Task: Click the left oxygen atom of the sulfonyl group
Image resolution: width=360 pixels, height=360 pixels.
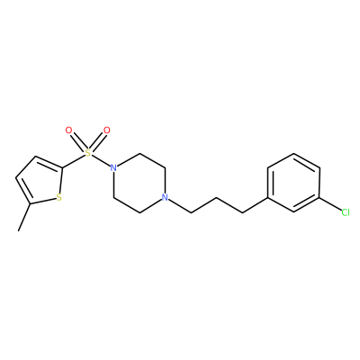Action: coord(68,130)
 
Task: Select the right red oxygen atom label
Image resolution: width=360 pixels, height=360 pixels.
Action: coord(106,130)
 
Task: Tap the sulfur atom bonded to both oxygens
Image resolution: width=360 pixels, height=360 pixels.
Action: coord(87,153)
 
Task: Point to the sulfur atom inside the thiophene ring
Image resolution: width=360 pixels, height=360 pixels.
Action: coord(58,198)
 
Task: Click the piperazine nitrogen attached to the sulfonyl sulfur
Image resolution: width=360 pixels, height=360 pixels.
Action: coord(113,167)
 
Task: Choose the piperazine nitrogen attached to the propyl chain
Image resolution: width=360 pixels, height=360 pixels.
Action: coord(165,197)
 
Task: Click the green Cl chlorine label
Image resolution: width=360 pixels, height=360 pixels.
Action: coord(346,212)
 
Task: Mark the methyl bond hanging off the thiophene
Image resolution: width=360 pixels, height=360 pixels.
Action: coord(24,217)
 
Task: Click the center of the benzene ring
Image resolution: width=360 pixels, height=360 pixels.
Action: coord(293,183)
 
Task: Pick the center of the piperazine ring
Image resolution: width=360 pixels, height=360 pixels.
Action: coord(139,183)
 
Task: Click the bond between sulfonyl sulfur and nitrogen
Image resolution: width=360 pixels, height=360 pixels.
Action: coord(101,160)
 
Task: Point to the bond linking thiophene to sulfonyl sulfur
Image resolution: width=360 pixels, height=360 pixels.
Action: coord(74,161)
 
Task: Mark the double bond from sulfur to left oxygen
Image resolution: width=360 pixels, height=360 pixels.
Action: coord(78,142)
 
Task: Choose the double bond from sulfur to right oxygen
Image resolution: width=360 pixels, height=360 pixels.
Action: coord(97,142)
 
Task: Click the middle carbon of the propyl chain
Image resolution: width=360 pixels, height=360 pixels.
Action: coord(216,198)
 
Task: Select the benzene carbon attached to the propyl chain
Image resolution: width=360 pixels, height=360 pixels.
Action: coord(267,198)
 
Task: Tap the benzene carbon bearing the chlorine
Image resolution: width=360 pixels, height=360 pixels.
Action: coord(319,198)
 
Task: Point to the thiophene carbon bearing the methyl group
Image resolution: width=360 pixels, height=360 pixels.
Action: coord(31,203)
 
